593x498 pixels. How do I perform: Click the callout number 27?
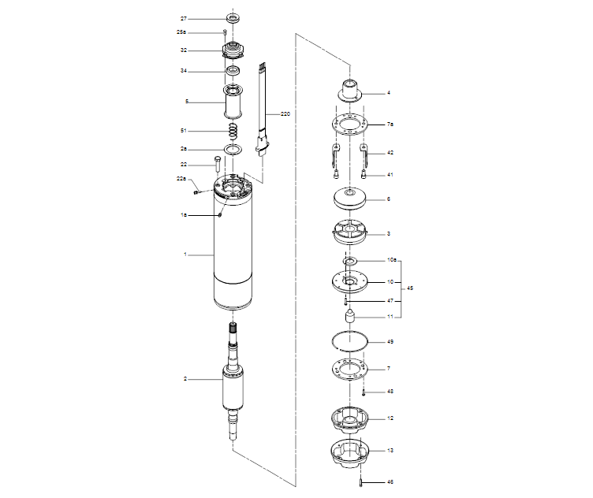click(184, 18)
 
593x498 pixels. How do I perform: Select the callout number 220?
click(285, 114)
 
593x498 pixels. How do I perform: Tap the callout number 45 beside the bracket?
click(409, 288)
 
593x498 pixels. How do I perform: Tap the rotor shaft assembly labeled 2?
click(234, 386)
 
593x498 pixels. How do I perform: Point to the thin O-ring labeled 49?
click(349, 340)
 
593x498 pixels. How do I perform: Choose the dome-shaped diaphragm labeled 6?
click(349, 199)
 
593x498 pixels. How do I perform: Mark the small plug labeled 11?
click(349, 317)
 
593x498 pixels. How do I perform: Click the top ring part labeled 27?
click(234, 17)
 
